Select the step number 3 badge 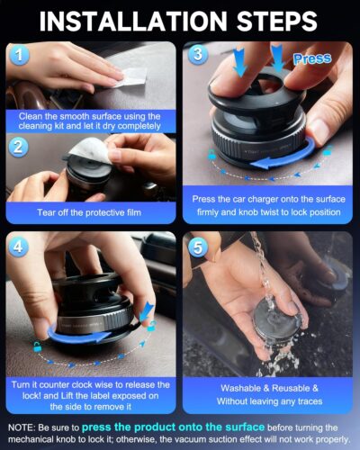click(199, 53)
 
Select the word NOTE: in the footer click(23, 427)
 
